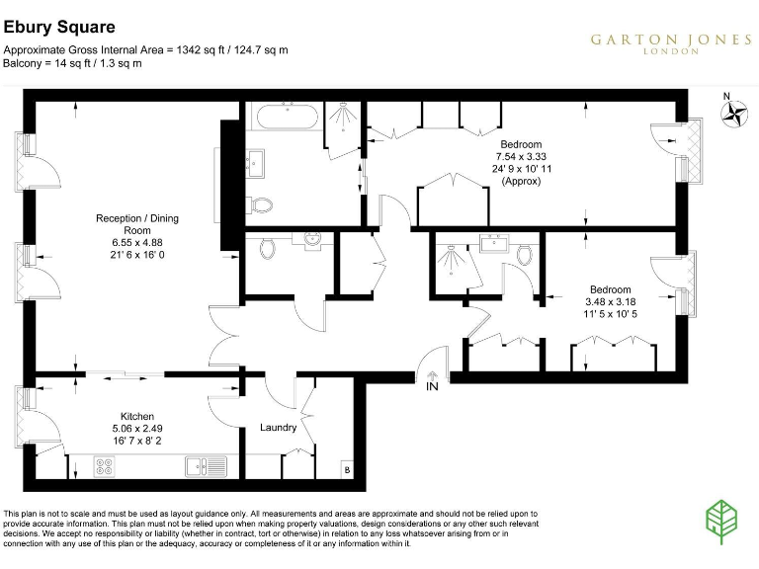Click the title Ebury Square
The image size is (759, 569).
point(59,28)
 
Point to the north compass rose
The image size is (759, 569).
point(733,114)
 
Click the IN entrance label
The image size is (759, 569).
point(432,388)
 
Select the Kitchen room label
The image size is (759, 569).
point(137,416)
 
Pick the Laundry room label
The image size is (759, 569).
point(278,428)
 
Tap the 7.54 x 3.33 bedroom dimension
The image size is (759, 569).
point(521,156)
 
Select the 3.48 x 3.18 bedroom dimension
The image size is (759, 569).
point(609,301)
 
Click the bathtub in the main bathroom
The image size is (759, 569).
point(286,118)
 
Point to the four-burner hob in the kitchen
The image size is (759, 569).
point(105,465)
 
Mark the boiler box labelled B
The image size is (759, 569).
point(346,469)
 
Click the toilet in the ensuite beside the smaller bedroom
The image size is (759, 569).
point(524,255)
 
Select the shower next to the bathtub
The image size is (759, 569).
point(342,122)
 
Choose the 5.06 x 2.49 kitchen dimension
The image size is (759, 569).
point(137,430)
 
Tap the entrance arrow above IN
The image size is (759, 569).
point(432,374)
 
